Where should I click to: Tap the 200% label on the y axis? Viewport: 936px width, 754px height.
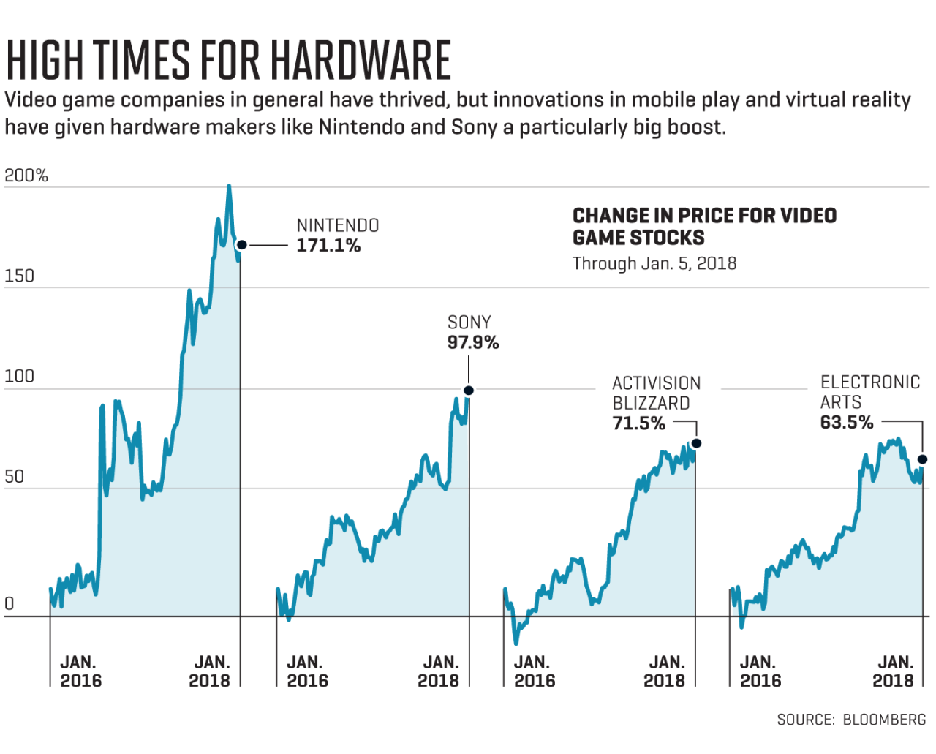[26, 176]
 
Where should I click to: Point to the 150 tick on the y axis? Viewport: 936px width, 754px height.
[20, 276]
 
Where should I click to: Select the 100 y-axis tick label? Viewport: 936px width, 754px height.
[20, 376]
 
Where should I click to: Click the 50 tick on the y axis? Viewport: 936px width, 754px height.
[15, 477]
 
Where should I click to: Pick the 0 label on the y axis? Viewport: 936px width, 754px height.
[10, 604]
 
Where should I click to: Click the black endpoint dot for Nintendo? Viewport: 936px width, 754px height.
[242, 245]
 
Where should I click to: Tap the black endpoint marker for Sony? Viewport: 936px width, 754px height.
[469, 391]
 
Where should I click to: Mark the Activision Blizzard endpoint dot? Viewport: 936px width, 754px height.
[696, 443]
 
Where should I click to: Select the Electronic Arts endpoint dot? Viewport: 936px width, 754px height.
[922, 459]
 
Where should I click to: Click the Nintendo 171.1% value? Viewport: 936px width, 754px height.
[328, 246]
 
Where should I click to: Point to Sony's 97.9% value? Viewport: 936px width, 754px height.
[473, 342]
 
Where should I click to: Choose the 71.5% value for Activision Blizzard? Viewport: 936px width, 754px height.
[639, 423]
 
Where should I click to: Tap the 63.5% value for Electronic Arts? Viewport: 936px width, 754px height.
[847, 423]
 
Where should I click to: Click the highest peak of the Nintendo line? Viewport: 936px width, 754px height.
[229, 186]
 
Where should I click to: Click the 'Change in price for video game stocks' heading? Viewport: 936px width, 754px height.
[704, 227]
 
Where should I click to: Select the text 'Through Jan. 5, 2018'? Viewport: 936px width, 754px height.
[654, 263]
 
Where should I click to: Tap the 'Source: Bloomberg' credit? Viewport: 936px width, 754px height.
[851, 720]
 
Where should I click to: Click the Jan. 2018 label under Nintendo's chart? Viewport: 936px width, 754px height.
[211, 671]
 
